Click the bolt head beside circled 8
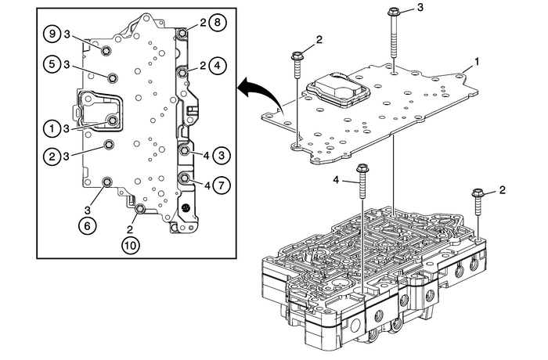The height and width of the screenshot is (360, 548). pos(182,33)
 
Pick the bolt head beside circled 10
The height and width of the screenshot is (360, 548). pos(140,209)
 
